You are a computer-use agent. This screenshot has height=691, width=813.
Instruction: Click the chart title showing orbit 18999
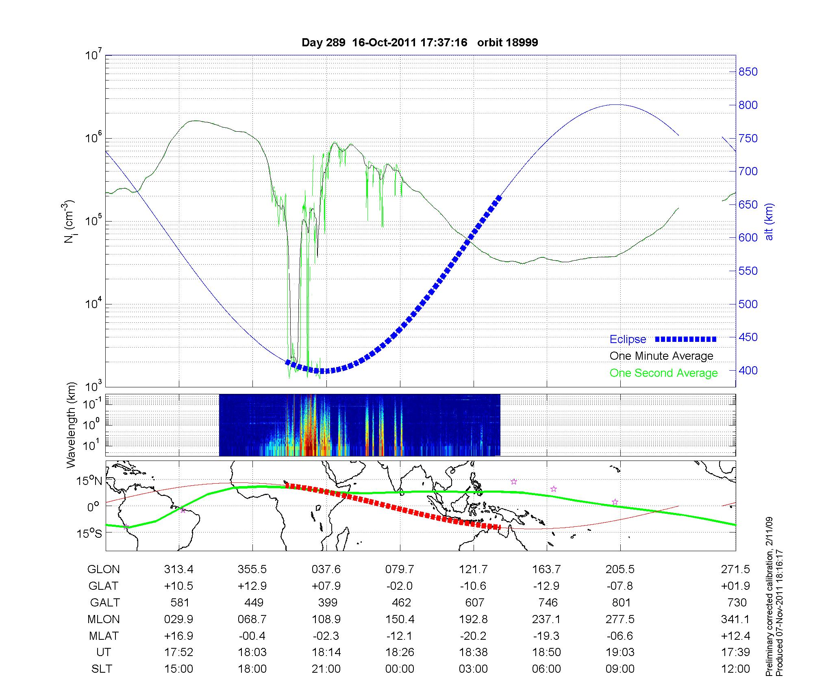pyautogui.click(x=420, y=42)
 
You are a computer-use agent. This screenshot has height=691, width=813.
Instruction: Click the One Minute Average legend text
pyautogui.click(x=661, y=356)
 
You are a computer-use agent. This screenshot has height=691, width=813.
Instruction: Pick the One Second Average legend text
pyautogui.click(x=663, y=373)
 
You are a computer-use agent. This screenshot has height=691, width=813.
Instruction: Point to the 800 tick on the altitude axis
pyautogui.click(x=748, y=105)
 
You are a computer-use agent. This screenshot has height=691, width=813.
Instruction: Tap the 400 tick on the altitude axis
pyautogui.click(x=748, y=370)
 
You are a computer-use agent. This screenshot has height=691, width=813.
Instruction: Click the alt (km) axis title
pyautogui.click(x=769, y=222)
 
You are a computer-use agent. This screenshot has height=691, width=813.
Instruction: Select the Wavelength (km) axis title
pyautogui.click(x=71, y=425)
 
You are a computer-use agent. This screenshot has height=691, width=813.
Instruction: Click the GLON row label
pyautogui.click(x=103, y=569)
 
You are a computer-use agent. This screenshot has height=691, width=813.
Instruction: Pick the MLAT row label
pyautogui.click(x=103, y=636)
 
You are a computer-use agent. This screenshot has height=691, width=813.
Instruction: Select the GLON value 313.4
pyautogui.click(x=178, y=569)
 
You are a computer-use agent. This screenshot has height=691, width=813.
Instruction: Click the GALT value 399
pyautogui.click(x=327, y=602)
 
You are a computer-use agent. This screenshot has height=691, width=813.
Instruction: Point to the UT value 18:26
pyautogui.click(x=400, y=652)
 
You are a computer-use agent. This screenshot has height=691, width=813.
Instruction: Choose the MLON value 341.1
pyautogui.click(x=736, y=619)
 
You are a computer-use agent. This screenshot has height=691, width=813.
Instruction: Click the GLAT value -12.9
pyautogui.click(x=546, y=586)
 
